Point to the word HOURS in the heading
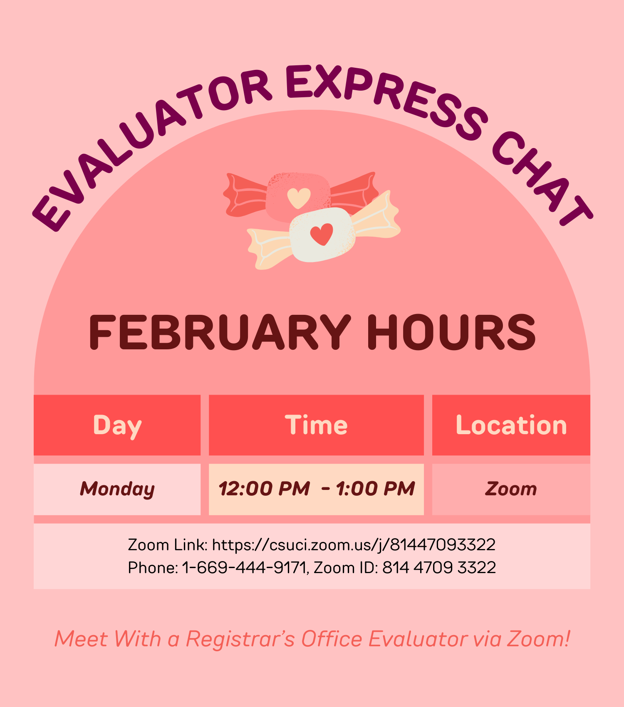point(451,333)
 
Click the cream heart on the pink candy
point(299,198)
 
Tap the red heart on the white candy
point(322,234)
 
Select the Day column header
point(117,425)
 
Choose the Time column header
point(316,425)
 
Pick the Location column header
point(511,425)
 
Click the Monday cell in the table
point(117,489)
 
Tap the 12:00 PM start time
point(265,489)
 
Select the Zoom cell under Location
point(511,489)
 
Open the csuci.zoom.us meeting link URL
point(354,545)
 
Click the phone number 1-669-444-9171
point(245,568)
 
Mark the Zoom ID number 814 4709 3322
point(439,568)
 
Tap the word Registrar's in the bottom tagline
point(240,639)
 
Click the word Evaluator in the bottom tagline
point(418,639)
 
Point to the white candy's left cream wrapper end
point(266,247)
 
